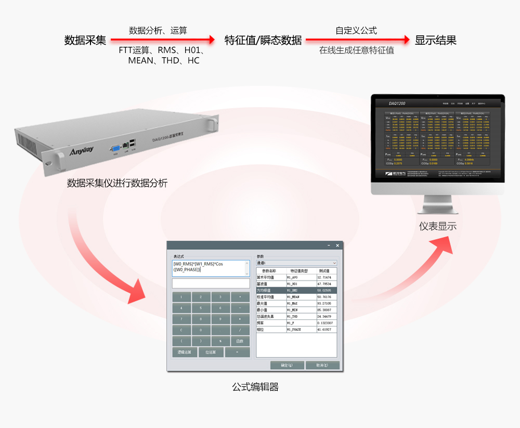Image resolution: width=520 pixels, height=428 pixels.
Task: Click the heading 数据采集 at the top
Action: click(x=85, y=41)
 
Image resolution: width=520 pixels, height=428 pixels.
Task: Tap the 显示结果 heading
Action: click(x=435, y=41)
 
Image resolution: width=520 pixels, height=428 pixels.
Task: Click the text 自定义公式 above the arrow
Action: click(x=356, y=31)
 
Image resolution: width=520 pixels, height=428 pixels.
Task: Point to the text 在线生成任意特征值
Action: click(x=356, y=50)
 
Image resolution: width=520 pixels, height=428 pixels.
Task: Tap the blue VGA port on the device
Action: click(x=114, y=149)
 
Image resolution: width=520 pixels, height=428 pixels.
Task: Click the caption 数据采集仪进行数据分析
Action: click(x=117, y=183)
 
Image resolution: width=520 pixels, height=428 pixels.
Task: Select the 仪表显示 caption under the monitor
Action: click(x=438, y=226)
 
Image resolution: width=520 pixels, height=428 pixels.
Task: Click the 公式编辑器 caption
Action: click(x=255, y=387)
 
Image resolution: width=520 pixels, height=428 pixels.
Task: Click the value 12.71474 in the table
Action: click(x=327, y=278)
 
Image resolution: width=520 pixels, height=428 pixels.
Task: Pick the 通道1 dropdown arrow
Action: click(x=334, y=263)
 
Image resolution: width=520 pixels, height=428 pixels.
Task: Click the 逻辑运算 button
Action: click(x=185, y=352)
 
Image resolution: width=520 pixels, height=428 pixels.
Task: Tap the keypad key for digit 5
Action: click(x=201, y=308)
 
